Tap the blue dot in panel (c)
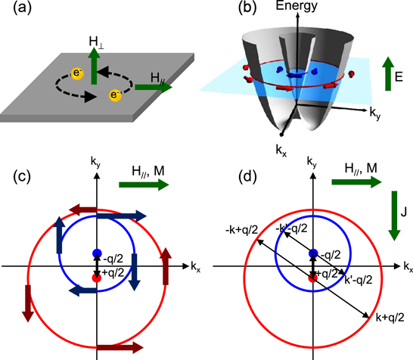(96, 253)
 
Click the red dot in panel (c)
(96, 278)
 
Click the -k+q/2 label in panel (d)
(243, 231)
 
